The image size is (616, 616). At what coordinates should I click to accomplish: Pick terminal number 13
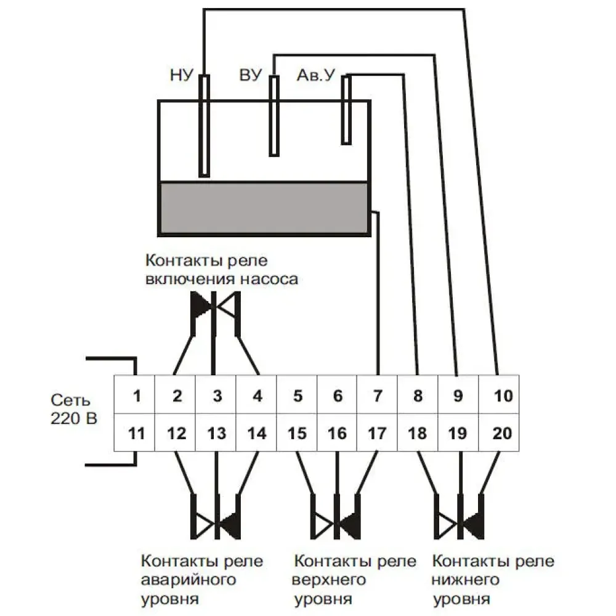click(217, 434)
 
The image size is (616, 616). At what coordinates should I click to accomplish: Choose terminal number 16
click(337, 434)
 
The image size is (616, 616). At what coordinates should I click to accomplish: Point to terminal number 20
click(503, 434)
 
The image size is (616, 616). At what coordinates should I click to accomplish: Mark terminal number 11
click(137, 434)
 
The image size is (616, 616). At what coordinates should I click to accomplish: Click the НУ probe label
click(182, 76)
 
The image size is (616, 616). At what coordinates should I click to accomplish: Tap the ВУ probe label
click(251, 76)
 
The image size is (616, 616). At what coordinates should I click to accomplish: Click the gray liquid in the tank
click(264, 208)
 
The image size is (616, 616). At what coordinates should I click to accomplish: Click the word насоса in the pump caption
click(268, 279)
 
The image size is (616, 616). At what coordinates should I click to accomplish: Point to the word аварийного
click(190, 580)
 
